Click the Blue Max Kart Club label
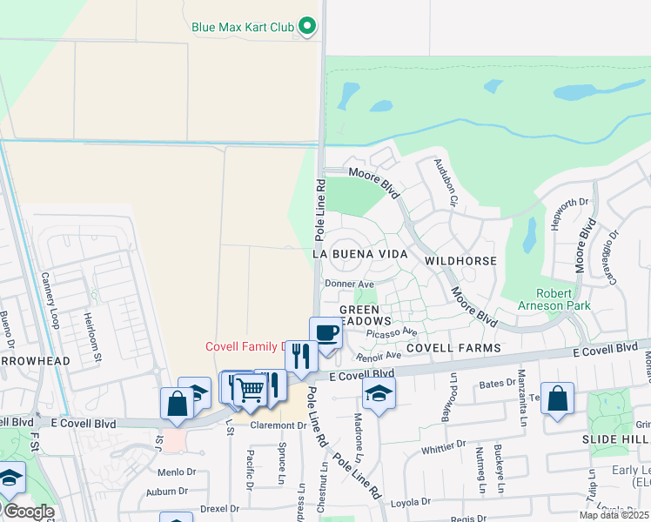243,26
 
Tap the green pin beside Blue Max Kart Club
306,27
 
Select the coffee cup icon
325,333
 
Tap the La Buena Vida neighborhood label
359,254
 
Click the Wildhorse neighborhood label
460,261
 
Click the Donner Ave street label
348,284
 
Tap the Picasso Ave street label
392,332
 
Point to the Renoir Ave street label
378,355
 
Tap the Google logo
28,512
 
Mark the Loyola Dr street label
410,502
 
